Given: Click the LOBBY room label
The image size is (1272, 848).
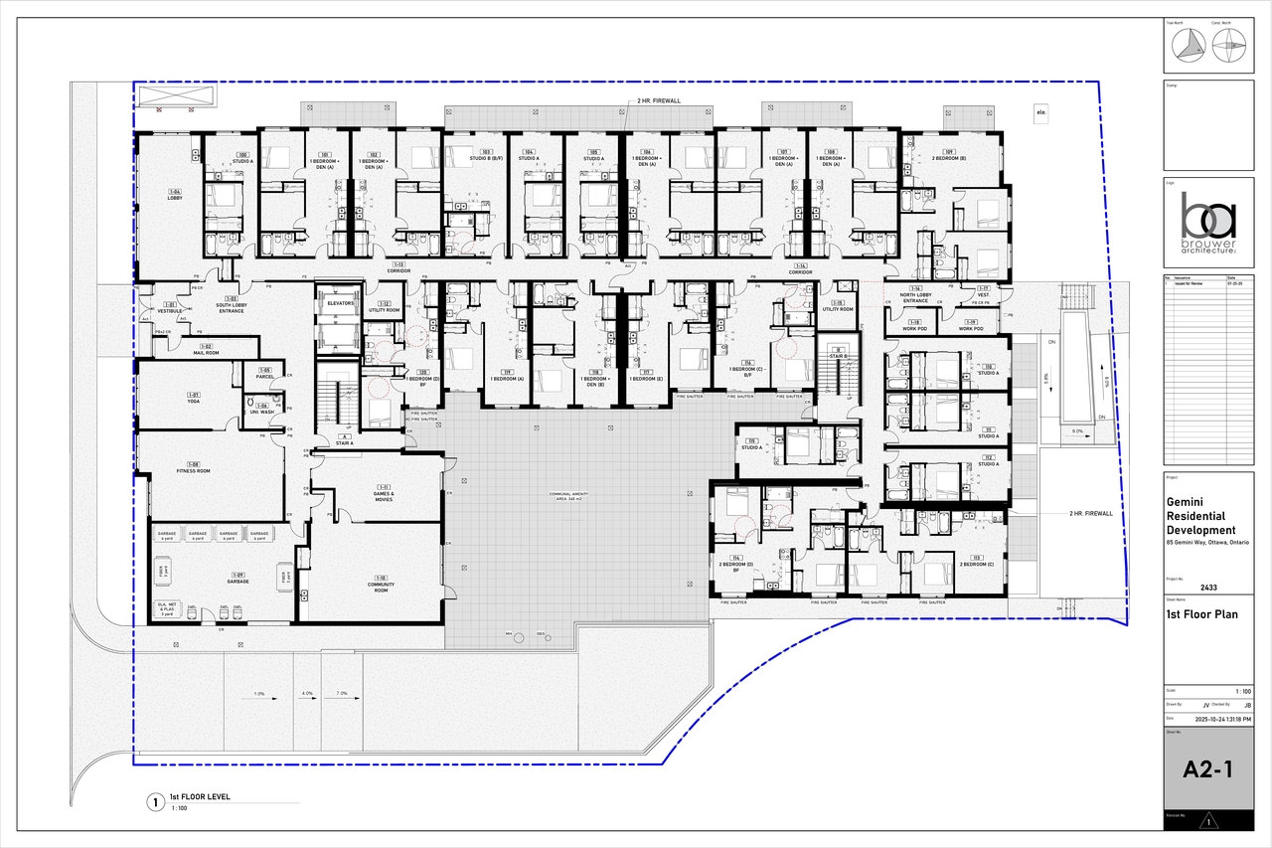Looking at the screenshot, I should tap(175, 195).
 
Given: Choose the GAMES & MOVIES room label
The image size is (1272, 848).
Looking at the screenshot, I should tap(383, 495).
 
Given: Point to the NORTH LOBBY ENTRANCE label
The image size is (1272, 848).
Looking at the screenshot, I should tap(914, 298).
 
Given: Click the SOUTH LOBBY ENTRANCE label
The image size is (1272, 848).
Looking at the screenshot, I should tap(231, 309).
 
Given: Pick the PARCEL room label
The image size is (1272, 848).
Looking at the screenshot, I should tap(264, 374).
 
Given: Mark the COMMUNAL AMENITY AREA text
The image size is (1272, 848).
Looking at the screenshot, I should tap(576, 495).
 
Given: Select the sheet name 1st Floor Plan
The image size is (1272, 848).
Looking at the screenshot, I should tap(1202, 614).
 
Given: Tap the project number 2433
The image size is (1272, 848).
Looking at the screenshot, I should tap(1208, 587).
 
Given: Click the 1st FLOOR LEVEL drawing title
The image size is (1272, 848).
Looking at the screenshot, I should tap(199, 797).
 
